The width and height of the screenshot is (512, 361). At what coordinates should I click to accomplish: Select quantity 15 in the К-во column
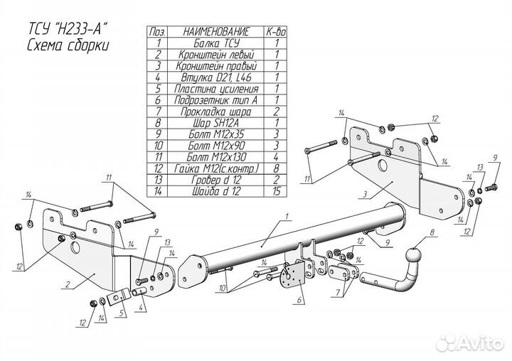[x=275, y=190]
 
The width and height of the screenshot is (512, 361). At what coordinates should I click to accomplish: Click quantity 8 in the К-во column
[x=275, y=168]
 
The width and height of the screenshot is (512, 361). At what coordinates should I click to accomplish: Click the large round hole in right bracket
[x=384, y=166]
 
